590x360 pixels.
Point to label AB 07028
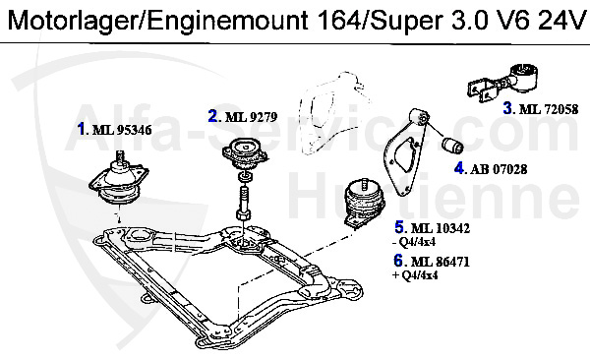point(499,168)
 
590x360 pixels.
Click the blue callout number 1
point(82,128)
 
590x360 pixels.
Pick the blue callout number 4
point(459,168)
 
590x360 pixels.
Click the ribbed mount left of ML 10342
point(361,204)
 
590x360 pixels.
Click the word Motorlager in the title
point(61,21)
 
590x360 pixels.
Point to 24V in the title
point(560,21)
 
